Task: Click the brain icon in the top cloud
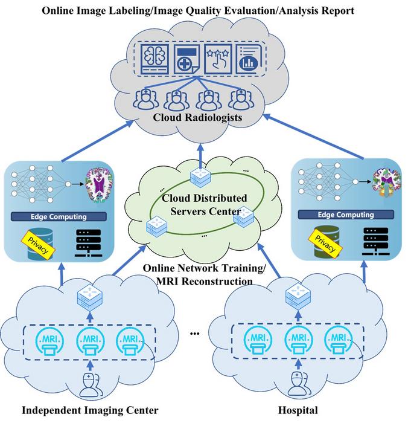pos(153,56)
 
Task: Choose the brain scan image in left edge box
pos(97,182)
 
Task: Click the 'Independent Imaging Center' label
pos(90,411)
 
